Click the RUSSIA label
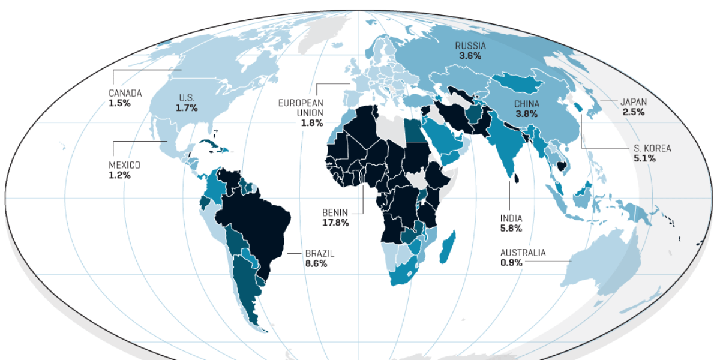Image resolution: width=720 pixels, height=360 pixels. (470, 46)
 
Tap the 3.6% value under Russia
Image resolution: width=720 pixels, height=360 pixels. (470, 56)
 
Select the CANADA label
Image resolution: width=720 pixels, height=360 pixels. (125, 93)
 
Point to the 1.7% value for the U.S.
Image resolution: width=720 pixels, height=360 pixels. (187, 109)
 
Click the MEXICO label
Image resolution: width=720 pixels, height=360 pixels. (124, 165)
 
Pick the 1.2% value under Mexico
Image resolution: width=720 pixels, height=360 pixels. (119, 175)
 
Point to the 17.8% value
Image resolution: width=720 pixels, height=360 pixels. (335, 223)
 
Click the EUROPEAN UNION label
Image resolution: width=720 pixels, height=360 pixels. (301, 108)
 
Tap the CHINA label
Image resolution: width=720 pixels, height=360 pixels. (527, 104)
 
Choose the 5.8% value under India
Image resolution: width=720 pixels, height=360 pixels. (511, 229)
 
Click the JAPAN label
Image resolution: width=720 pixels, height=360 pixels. (633, 101)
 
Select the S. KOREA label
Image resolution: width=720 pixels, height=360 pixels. (653, 148)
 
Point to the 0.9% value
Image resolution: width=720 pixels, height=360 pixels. (511, 263)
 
